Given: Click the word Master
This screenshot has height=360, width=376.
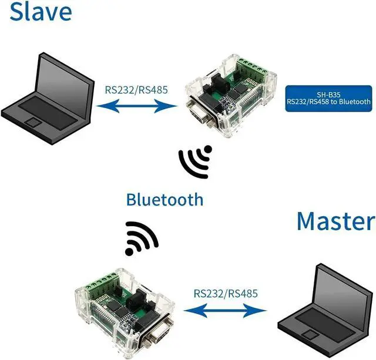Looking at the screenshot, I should [x=335, y=222].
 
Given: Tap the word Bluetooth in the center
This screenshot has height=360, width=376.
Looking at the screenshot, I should [x=164, y=199].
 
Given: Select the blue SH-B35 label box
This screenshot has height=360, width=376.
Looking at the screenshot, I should [x=328, y=98].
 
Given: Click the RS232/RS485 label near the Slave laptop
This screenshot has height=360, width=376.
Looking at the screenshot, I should [x=136, y=90].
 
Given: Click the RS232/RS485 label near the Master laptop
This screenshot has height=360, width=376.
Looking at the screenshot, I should [x=225, y=292].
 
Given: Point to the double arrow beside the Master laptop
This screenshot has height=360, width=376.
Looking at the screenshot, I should [x=225, y=310].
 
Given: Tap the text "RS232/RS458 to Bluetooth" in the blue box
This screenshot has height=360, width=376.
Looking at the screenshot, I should [x=328, y=102].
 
